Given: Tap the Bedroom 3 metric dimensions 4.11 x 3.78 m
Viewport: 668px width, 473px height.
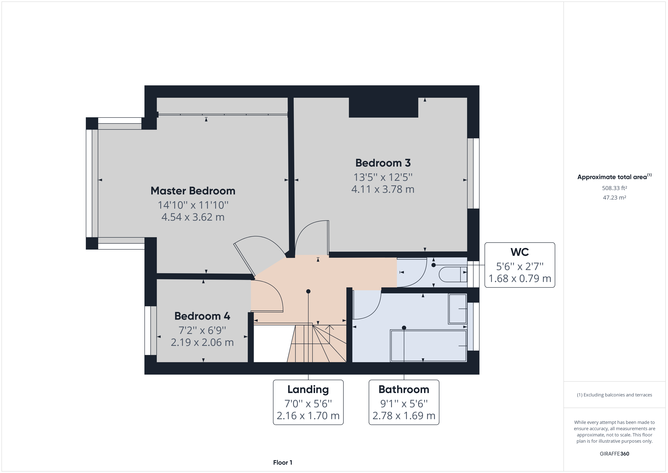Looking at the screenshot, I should [383, 189].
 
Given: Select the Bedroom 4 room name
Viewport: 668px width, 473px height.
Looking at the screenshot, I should [202, 316].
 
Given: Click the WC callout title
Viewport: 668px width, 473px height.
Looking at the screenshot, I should [520, 252].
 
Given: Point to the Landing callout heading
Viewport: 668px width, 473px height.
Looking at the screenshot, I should [308, 389].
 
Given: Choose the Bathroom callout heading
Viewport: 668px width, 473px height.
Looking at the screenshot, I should [404, 389].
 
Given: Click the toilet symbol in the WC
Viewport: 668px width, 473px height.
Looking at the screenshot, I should [452, 274].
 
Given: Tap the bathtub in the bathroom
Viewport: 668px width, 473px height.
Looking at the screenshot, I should [428, 346].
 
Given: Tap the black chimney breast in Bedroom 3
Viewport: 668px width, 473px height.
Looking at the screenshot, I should [383, 108].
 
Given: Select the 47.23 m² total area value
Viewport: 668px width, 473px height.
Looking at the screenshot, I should [614, 197].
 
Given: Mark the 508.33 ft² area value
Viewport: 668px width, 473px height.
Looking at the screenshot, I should [614, 188].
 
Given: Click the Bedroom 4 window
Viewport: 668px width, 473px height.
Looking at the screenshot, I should [148, 330].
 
